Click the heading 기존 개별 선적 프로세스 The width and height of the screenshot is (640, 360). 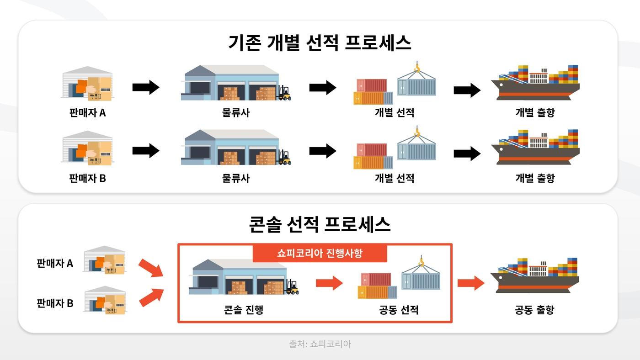pyautogui.click(x=320, y=43)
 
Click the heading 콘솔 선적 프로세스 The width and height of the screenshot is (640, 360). pyautogui.click(x=320, y=225)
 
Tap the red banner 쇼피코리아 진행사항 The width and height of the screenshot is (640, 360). pyautogui.click(x=320, y=253)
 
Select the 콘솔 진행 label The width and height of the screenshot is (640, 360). pyautogui.click(x=243, y=310)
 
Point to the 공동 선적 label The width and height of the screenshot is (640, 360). pyautogui.click(x=399, y=310)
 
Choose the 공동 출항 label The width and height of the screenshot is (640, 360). pyautogui.click(x=534, y=310)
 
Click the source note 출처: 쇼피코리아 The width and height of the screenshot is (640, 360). pyautogui.click(x=320, y=344)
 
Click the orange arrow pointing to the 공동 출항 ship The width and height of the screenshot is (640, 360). pyautogui.click(x=471, y=283)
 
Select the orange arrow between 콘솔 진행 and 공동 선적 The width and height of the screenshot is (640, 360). pyautogui.click(x=329, y=283)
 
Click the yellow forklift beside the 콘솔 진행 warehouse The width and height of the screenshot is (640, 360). pyautogui.click(x=291, y=287)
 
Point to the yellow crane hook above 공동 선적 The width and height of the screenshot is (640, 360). pyautogui.click(x=421, y=262)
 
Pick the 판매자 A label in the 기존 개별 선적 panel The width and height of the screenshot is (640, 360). pyautogui.click(x=87, y=112)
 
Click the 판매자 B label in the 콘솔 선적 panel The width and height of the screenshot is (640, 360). pyautogui.click(x=55, y=303)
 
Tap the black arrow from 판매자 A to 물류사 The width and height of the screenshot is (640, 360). pyautogui.click(x=145, y=87)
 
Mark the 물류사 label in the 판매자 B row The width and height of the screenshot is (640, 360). pyautogui.click(x=236, y=178)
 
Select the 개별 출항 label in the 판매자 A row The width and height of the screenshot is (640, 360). pyautogui.click(x=534, y=112)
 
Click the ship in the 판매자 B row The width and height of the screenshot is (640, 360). pyautogui.click(x=535, y=148)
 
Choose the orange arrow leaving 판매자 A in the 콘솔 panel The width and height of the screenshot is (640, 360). pyautogui.click(x=151, y=268)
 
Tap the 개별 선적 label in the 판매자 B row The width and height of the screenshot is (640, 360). pyautogui.click(x=394, y=178)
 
